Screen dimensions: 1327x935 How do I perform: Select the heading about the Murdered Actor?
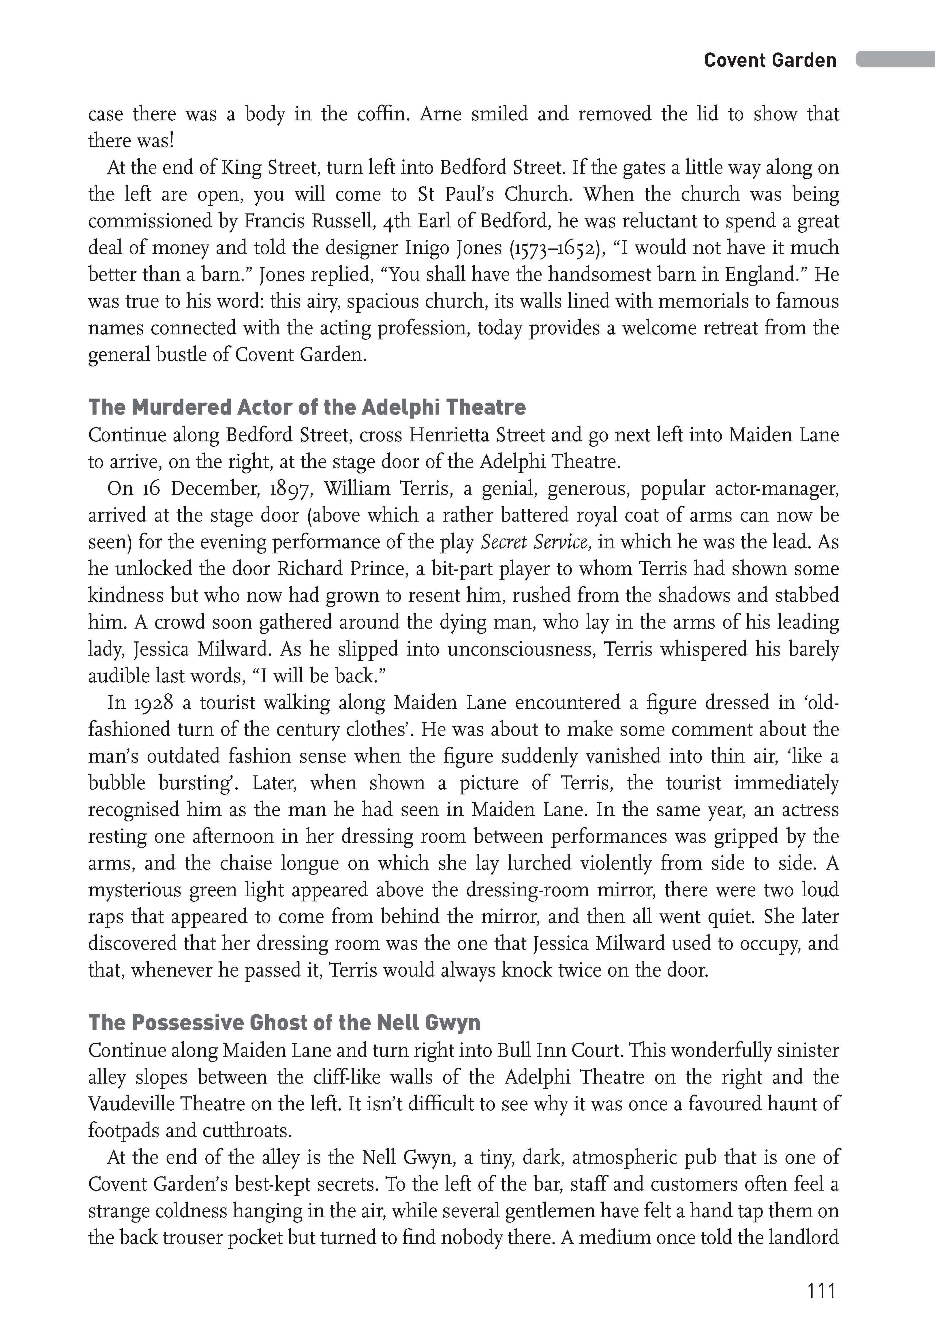(307, 407)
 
